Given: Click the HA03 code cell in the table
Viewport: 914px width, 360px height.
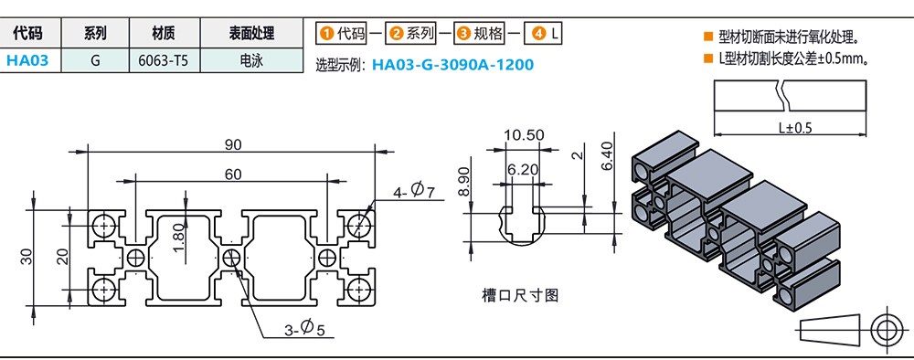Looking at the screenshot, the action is coord(27,60).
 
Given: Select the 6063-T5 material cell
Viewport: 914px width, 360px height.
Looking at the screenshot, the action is coord(164,60).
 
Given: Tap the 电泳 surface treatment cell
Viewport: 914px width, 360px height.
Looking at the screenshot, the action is coord(251,60).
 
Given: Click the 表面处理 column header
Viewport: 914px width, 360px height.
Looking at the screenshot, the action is coord(251,34).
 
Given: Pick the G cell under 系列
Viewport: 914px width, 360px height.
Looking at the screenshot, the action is coord(94,60).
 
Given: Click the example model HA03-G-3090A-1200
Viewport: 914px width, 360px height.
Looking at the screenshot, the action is coord(452,64).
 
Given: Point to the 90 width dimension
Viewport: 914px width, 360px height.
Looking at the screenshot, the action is coord(233,145).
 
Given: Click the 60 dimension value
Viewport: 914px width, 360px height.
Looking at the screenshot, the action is coord(232,174).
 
